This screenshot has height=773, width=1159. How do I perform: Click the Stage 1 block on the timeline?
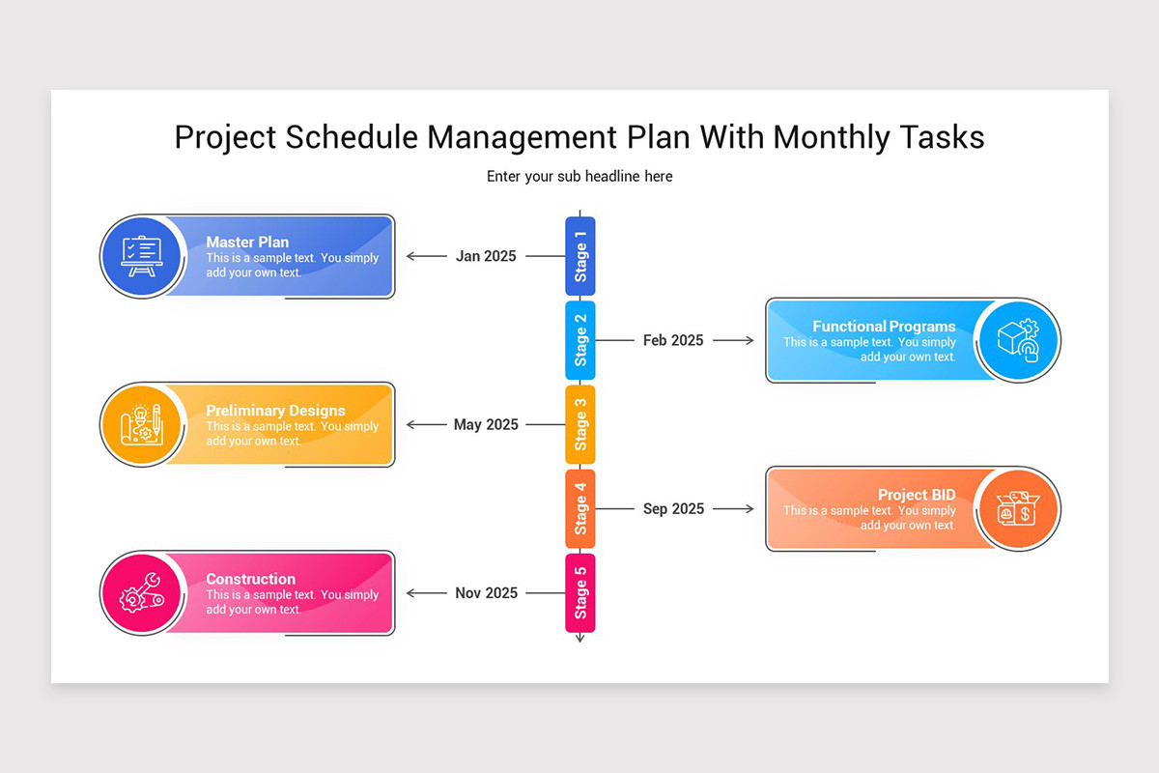click(579, 256)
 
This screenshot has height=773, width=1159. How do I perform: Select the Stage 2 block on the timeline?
click(579, 340)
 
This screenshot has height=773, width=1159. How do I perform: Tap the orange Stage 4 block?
click(579, 509)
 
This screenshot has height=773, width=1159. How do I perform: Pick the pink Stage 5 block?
click(579, 593)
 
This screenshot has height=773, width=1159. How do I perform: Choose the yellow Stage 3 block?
click(579, 425)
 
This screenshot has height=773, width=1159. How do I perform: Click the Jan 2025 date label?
click(486, 257)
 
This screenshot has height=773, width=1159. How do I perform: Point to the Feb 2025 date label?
click(673, 341)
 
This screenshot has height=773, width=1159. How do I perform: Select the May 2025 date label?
click(486, 425)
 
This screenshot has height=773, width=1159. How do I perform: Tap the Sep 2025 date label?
click(673, 509)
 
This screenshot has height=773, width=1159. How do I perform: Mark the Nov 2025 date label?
click(486, 593)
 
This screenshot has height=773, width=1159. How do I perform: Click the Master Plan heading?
click(247, 243)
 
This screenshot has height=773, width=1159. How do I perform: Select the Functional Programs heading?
click(884, 327)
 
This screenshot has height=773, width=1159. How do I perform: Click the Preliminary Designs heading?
click(275, 411)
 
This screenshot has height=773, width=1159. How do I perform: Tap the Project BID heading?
click(917, 496)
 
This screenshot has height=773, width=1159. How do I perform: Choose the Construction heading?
click(250, 580)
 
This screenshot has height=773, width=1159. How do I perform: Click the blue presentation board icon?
click(140, 257)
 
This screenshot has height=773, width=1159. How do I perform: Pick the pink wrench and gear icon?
click(140, 593)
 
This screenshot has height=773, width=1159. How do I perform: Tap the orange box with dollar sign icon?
click(1018, 509)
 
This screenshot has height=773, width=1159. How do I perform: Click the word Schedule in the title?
click(353, 137)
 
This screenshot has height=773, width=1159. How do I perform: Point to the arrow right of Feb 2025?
click(734, 341)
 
